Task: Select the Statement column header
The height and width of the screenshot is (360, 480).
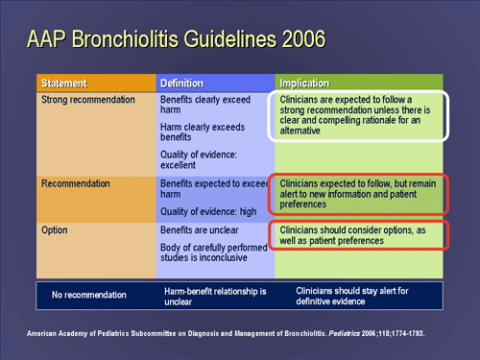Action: pyautogui.click(x=64, y=84)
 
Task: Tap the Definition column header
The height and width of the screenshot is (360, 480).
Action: pyautogui.click(x=181, y=84)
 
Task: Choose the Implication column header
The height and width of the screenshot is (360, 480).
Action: pyautogui.click(x=304, y=84)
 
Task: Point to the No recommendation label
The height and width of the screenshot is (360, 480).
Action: pyautogui.click(x=87, y=294)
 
